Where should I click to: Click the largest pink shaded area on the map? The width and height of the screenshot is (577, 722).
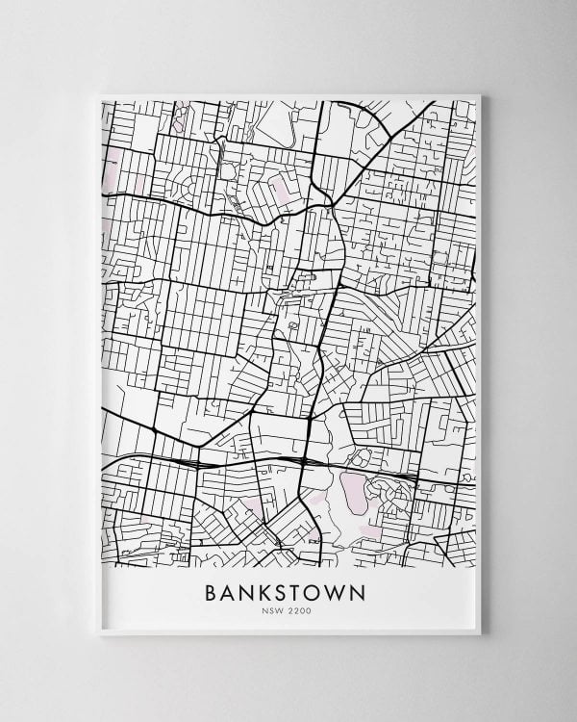click(x=352, y=489)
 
